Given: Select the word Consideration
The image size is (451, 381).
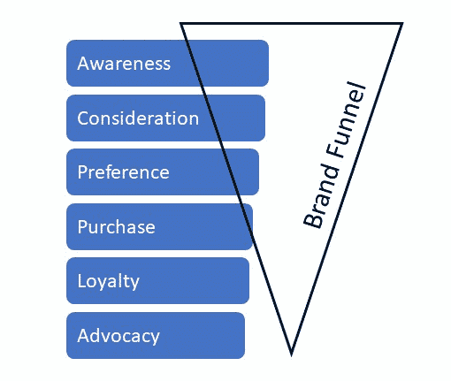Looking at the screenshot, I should [138, 118].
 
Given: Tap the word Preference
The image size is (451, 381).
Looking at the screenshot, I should [123, 172].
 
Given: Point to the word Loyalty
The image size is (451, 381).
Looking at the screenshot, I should [109, 282].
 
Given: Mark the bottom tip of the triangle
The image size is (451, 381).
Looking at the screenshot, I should [291, 353].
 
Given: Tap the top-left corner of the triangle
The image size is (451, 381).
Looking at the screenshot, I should [181, 24].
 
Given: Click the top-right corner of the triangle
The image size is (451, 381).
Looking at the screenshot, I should [402, 24].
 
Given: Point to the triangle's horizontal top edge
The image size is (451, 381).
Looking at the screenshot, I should [292, 24].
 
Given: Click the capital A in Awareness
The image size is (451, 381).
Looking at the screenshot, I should [83, 64].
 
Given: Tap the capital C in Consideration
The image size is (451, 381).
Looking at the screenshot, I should [83, 118].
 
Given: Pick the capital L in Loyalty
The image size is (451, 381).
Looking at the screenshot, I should [81, 282].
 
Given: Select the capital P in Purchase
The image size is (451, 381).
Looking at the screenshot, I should [82, 227].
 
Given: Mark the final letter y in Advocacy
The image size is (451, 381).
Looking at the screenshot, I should [155, 339].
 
